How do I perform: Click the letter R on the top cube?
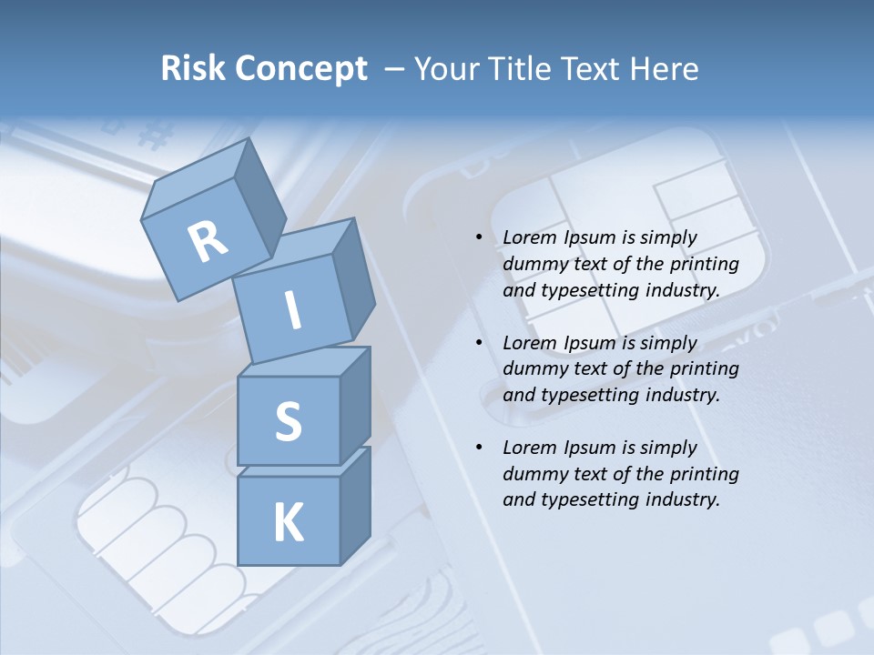(208, 242)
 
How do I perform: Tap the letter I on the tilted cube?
(293, 310)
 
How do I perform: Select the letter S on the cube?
(288, 421)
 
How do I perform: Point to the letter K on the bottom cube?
(288, 523)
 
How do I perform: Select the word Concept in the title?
(300, 69)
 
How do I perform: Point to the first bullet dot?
(479, 237)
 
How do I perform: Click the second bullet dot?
(479, 343)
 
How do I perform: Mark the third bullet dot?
(479, 448)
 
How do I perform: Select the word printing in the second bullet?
(704, 369)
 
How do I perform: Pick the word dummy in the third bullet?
(534, 474)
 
